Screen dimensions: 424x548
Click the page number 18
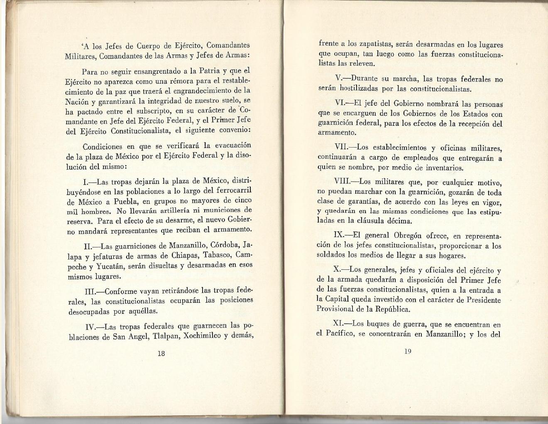tap(161, 353)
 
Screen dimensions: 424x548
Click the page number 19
tap(407, 351)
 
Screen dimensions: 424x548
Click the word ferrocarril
tap(233, 191)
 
